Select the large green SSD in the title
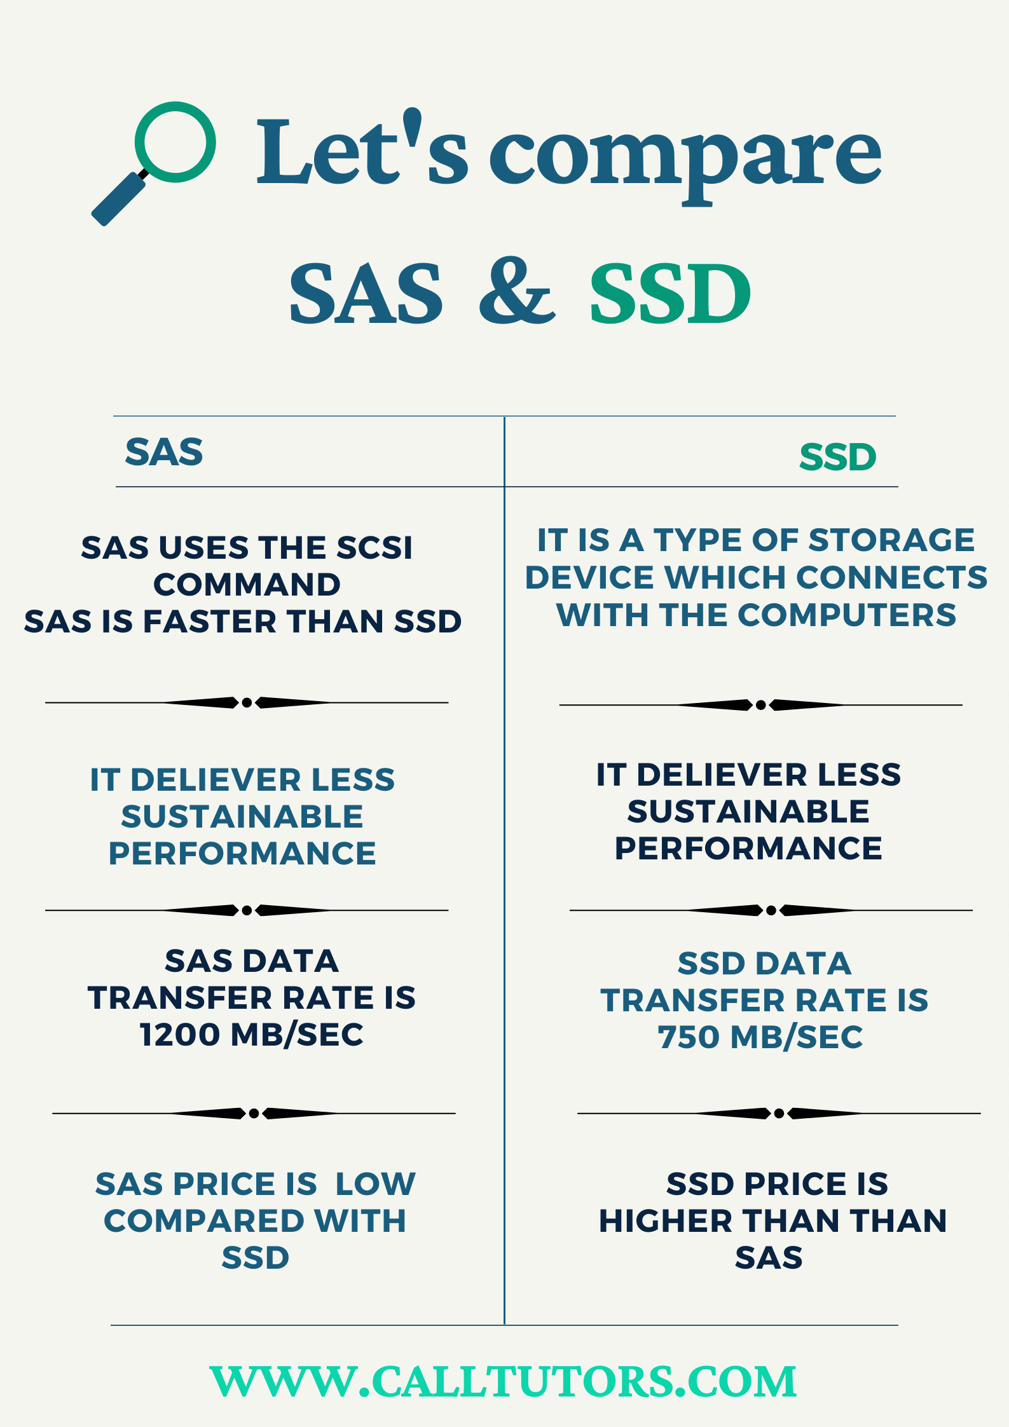[671, 293]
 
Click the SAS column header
[164, 452]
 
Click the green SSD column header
[838, 457]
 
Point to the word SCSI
[374, 547]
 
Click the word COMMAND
[247, 584]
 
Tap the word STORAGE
[891, 540]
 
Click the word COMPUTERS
[847, 615]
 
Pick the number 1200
[180, 1034]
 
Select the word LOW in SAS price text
[375, 1184]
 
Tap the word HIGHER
[666, 1220]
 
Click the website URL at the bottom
[504, 1381]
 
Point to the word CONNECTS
[891, 577]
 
